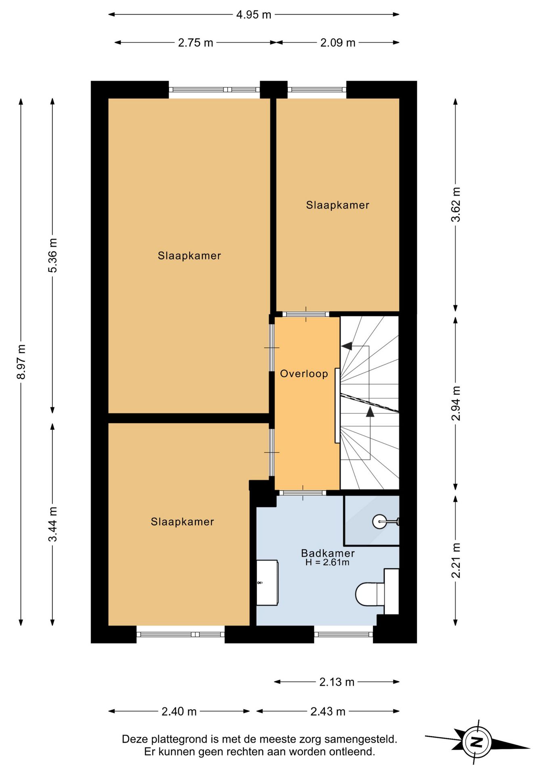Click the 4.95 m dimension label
pos(253,15)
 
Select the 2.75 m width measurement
pos(195,43)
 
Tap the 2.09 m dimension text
pos(338,43)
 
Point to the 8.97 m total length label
pos(21,362)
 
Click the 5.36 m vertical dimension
pos(52,255)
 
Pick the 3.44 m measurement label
pos(52,524)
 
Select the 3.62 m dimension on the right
pos(456,204)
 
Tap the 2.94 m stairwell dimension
pos(456,403)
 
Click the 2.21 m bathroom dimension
pos(456,560)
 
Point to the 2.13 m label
pos(337,682)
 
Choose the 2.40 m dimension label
pos(179,711)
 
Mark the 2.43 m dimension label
pos(328,711)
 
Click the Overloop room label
pos(304,374)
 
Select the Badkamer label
pos(328,553)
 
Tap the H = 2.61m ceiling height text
pos(327,562)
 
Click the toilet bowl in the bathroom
pos(369,594)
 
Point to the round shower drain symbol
pos(380,522)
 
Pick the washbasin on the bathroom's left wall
pos(267,582)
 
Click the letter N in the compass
pos(477,742)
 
